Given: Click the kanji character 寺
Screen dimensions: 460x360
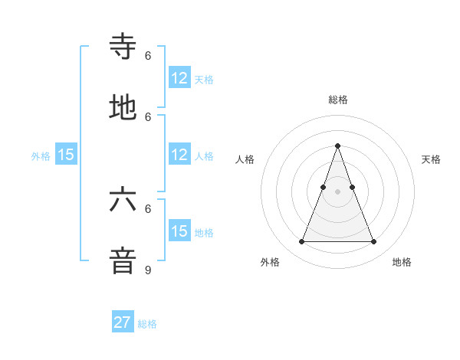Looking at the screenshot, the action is click(x=123, y=47).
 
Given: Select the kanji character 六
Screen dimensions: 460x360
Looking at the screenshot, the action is click(x=123, y=200).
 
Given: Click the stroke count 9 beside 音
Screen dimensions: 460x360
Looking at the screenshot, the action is click(x=148, y=270).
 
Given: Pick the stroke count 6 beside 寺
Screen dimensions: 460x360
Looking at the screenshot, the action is click(x=148, y=55).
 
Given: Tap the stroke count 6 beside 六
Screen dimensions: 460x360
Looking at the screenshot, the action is click(x=148, y=208).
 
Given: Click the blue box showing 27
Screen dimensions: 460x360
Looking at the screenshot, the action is click(x=123, y=322).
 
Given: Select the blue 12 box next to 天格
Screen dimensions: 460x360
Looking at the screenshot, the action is click(x=179, y=78).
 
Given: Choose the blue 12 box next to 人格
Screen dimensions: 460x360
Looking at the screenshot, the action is click(x=179, y=155).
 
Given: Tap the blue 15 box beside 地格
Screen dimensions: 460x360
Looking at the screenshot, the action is click(x=179, y=231).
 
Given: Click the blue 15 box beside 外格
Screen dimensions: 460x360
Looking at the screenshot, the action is click(x=66, y=155).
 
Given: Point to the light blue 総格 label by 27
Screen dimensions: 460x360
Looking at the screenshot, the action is click(x=147, y=324).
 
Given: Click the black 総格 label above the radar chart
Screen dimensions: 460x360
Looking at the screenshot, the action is click(x=337, y=100).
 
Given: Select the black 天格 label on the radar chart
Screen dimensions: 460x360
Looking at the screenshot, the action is click(x=431, y=159).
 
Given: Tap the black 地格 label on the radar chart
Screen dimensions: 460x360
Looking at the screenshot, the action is click(x=402, y=262).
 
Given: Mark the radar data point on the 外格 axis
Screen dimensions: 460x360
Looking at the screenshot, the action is click(x=301, y=242).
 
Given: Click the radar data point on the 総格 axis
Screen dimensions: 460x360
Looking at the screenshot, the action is click(x=337, y=146).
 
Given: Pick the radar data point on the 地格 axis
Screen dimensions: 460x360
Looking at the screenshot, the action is click(x=373, y=242).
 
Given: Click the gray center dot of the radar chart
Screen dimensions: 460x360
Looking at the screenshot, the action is click(x=337, y=192).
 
